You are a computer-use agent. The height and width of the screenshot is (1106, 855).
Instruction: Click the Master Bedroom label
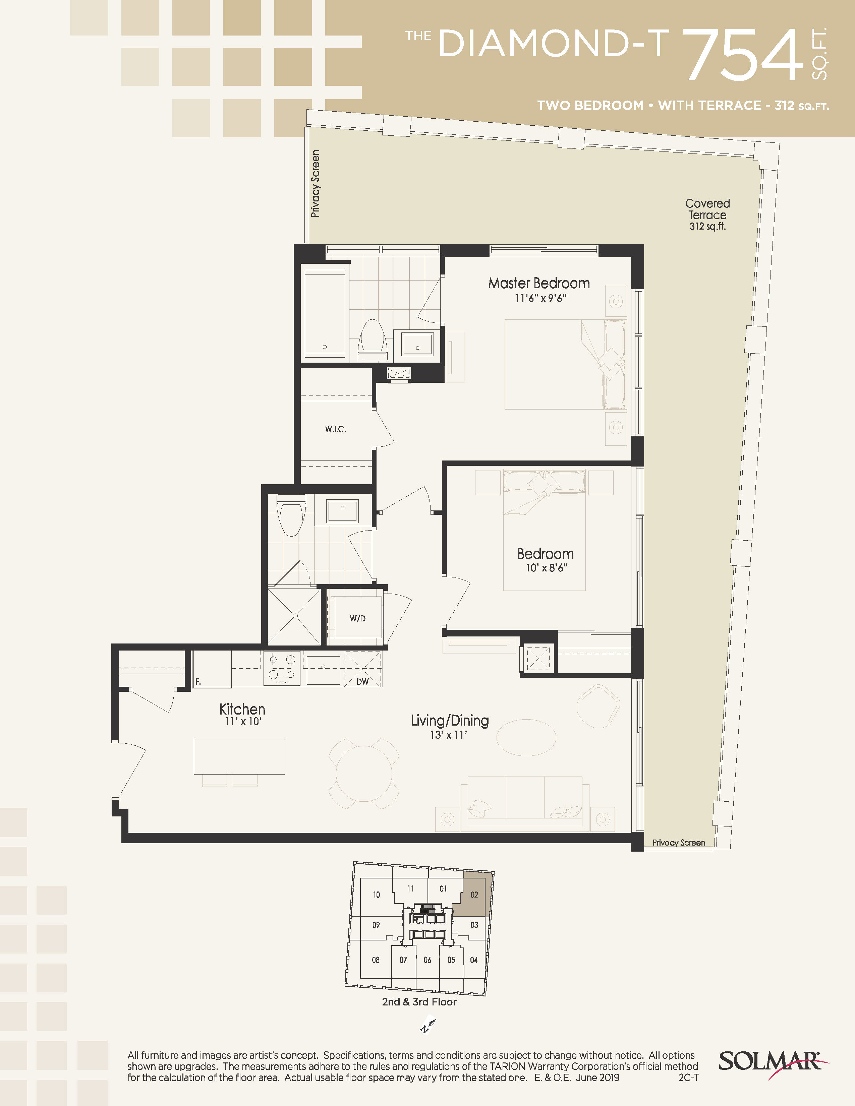(539, 283)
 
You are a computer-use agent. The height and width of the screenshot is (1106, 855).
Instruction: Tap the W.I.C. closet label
(335, 429)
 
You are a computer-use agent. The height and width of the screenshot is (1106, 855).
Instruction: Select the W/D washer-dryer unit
(358, 618)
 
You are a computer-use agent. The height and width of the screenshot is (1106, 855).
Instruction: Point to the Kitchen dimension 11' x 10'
(243, 722)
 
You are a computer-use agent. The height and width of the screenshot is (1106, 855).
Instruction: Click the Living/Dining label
(450, 720)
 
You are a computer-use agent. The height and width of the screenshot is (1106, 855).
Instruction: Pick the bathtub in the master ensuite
(325, 313)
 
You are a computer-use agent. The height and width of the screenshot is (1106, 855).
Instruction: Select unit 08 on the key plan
(376, 960)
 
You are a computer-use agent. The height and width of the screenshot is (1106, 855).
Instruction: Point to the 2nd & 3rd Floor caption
(419, 1002)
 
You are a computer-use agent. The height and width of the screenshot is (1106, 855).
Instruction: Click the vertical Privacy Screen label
(315, 183)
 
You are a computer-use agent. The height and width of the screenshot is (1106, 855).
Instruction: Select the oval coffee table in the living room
(526, 738)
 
